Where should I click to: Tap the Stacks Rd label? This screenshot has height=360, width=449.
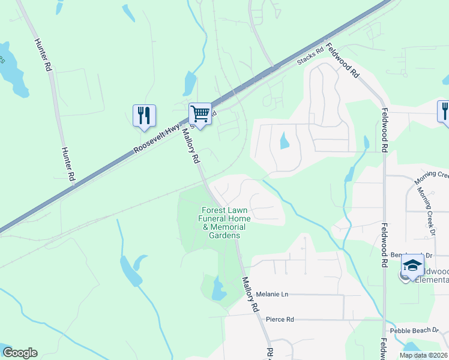312,58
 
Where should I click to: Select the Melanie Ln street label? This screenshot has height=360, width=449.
272,294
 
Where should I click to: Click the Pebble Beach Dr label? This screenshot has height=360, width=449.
414,331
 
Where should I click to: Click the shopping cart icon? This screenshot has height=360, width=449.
200,113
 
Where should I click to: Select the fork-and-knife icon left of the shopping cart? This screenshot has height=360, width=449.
144,115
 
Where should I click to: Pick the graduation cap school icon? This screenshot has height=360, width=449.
413,265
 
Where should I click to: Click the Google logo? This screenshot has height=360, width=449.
20,353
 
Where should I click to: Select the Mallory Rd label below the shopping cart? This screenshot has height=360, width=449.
190,146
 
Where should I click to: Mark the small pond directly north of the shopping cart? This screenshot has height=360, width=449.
190,83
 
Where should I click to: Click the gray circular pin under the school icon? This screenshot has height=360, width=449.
405,276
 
